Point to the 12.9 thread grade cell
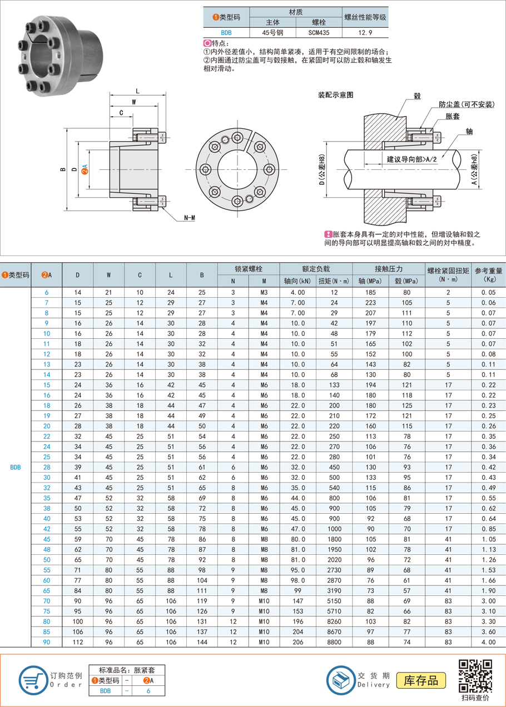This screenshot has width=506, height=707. pyautogui.click(x=365, y=33)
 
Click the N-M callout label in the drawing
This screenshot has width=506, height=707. pyautogui.click(x=189, y=218)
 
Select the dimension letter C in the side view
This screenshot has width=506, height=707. pyautogui.click(x=121, y=113)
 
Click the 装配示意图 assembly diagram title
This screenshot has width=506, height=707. pyautogui.click(x=336, y=96)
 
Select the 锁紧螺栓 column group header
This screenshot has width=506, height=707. pyautogui.click(x=249, y=268)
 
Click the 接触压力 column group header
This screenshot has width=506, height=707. pyautogui.click(x=389, y=268)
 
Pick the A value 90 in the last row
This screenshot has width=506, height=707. pyautogui.click(x=47, y=642)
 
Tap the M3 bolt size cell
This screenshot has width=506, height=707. pyautogui.click(x=264, y=292)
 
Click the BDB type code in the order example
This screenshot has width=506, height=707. pyautogui.click(x=105, y=691)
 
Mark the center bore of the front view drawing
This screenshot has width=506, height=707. pyautogui.click(x=237, y=169)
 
